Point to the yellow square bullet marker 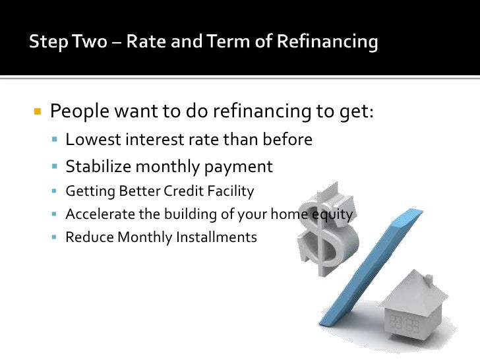[x=38, y=111]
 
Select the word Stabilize [x=98, y=167]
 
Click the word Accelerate [x=94, y=214]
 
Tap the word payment [x=243, y=167]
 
